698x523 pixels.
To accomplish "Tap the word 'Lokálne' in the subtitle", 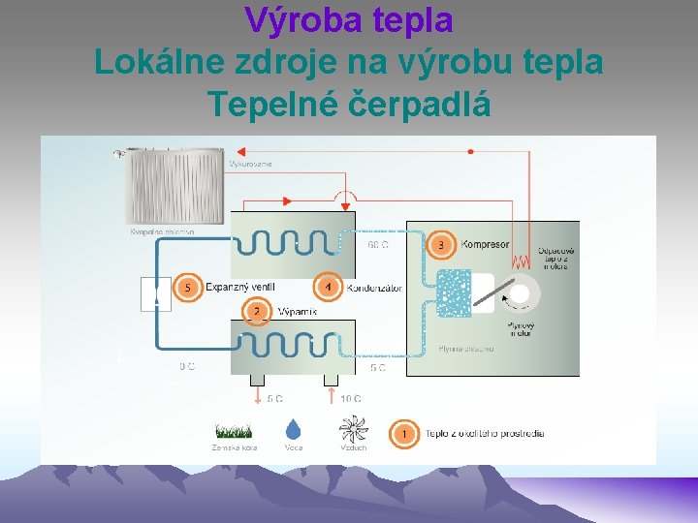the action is pyautogui.click(x=153, y=62).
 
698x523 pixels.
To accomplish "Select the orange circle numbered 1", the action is pyautogui.click(x=403, y=433).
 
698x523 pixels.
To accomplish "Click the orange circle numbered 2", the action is pyautogui.click(x=257, y=312).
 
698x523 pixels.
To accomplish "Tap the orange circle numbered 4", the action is pyautogui.click(x=328, y=288).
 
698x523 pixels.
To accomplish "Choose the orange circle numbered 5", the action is pyautogui.click(x=188, y=288).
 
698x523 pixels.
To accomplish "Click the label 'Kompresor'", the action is pyautogui.click(x=485, y=245).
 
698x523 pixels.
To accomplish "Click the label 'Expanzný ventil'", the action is pyautogui.click(x=241, y=288).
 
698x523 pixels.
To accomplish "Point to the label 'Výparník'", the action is pyautogui.click(x=297, y=313).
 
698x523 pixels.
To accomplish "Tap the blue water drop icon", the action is pyautogui.click(x=293, y=428).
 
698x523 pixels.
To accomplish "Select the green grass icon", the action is pyautogui.click(x=235, y=429).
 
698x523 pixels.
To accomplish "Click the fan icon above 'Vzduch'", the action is pyautogui.click(x=353, y=429).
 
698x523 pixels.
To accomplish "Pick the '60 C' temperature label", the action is pyautogui.click(x=378, y=245).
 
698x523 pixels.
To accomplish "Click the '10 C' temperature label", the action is pyautogui.click(x=351, y=398).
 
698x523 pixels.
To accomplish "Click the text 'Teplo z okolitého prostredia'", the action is pyautogui.click(x=485, y=434).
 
